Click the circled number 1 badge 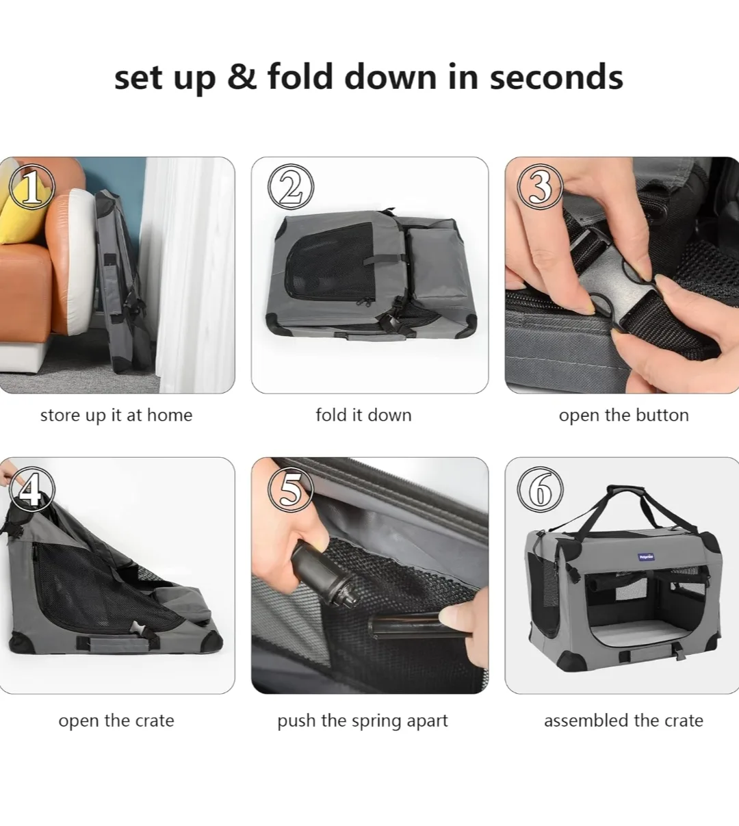[x=31, y=187]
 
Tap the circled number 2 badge [x=291, y=187]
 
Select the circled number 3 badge [x=540, y=187]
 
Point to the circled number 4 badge [x=31, y=489]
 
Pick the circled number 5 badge [x=291, y=489]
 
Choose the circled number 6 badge [x=540, y=489]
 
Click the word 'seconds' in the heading [x=556, y=77]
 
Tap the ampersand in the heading [x=242, y=76]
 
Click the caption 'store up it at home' [x=116, y=415]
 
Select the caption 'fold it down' [x=363, y=415]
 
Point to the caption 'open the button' [x=623, y=415]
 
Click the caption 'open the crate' [x=116, y=721]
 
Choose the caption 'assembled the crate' [x=623, y=721]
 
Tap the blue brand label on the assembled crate [x=646, y=556]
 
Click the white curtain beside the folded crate [x=187, y=275]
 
